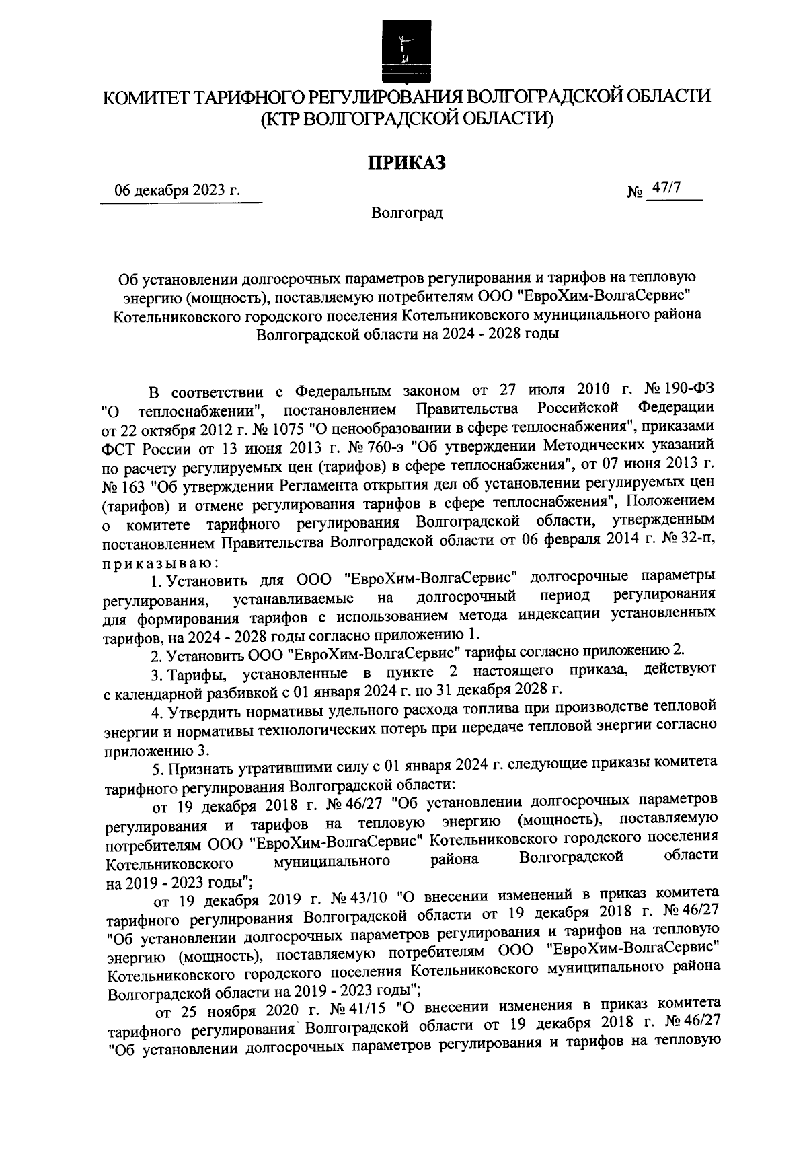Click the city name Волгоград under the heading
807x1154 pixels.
pos(406,214)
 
